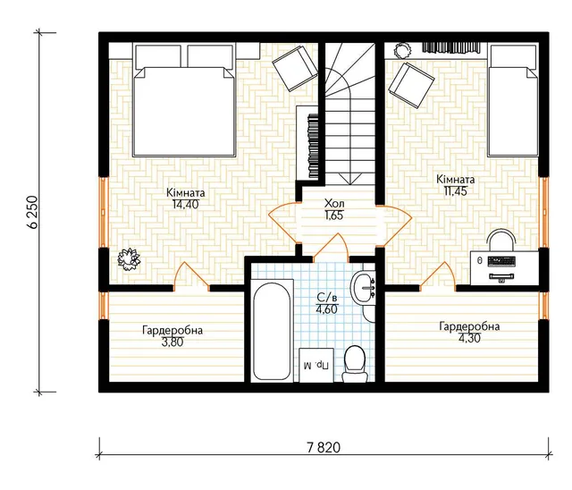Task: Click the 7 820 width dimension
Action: click(x=324, y=447)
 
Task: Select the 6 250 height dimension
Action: click(x=32, y=212)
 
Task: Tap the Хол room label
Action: click(x=333, y=203)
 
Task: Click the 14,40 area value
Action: click(x=186, y=205)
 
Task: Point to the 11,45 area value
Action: click(x=456, y=190)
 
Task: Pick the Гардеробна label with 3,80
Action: click(x=172, y=331)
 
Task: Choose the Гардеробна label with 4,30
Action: click(x=469, y=326)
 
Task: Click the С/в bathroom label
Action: click(x=328, y=298)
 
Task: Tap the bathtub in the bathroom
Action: click(x=272, y=331)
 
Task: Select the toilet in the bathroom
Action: click(x=354, y=364)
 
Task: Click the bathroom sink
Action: click(x=363, y=288)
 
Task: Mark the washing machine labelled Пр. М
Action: click(x=316, y=365)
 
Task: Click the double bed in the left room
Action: click(x=183, y=101)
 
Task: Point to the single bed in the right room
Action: click(x=513, y=101)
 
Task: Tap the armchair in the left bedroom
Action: click(x=295, y=68)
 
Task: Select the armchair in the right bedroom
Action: click(x=411, y=85)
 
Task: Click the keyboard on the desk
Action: click(x=501, y=261)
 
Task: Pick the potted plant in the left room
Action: click(x=129, y=259)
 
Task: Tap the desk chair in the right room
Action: click(x=501, y=240)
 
